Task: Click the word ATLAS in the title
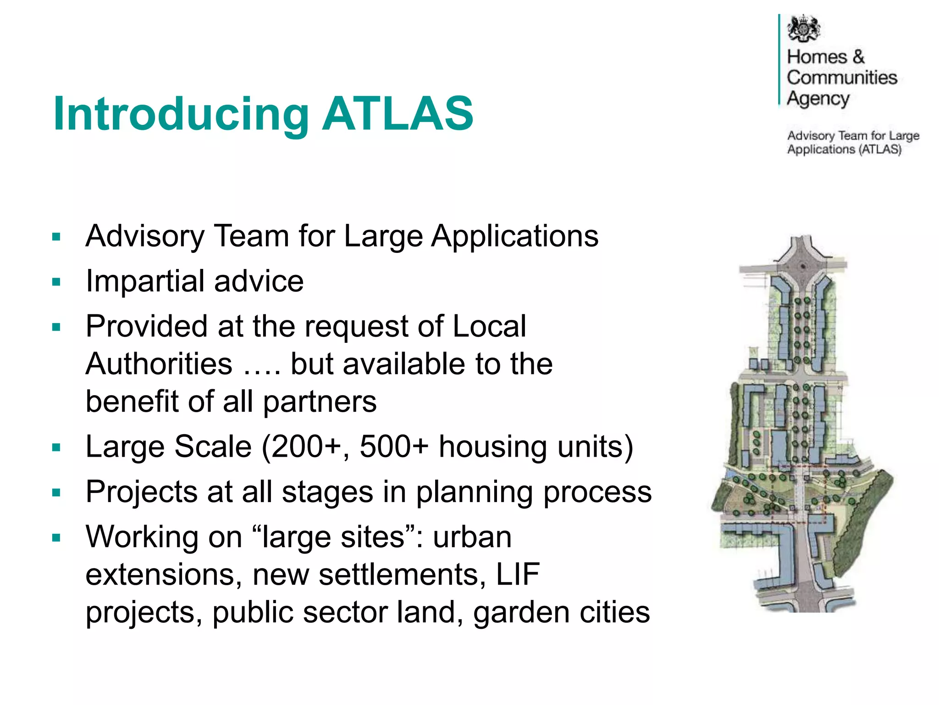[398, 113]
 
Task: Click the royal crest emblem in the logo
[803, 28]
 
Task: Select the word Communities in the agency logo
[842, 78]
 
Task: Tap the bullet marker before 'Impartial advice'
[56, 282]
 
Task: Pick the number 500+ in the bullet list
[394, 446]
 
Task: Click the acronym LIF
[518, 574]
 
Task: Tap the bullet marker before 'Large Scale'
[56, 448]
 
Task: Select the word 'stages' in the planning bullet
[327, 492]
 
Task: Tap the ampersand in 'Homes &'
[858, 57]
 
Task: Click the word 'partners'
[320, 402]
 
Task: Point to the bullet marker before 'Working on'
[56, 538]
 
